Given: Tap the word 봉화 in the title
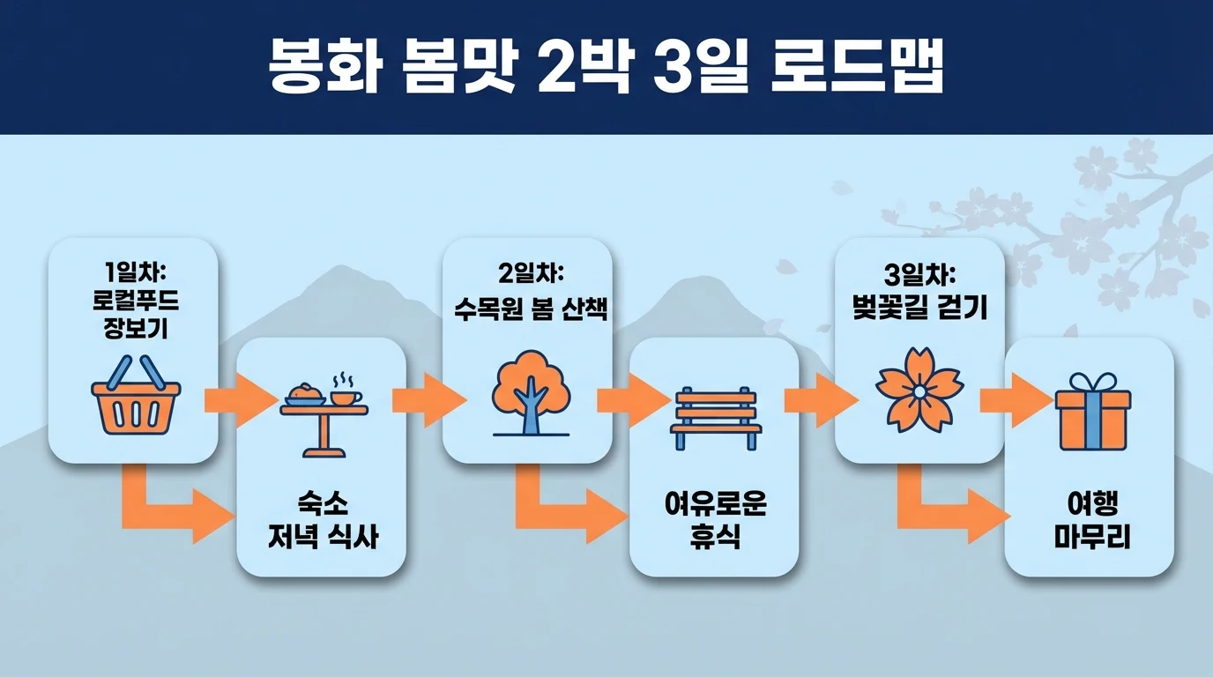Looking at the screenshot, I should point(324,68).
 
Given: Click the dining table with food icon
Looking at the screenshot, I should point(324,414).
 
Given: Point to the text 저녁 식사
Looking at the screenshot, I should point(323,536).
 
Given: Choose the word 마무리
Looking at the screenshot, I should point(1092,537).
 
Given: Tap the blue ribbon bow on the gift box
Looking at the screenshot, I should point(1092,383).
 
